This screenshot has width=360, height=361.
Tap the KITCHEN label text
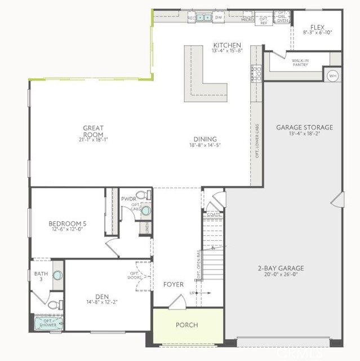[x=227, y=46]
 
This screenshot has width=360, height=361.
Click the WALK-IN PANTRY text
[x=300, y=63]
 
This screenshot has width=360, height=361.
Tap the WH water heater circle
[x=332, y=75]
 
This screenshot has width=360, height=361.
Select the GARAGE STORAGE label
[x=304, y=127]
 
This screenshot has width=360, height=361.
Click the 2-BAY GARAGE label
[x=281, y=268]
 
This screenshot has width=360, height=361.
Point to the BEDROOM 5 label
[x=67, y=223]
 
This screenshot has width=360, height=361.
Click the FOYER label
[x=174, y=284]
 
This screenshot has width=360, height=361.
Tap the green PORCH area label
[x=186, y=325]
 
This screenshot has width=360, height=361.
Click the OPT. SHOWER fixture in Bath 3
[x=50, y=324]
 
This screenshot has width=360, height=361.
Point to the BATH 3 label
[x=38, y=277]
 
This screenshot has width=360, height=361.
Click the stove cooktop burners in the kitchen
[x=256, y=74]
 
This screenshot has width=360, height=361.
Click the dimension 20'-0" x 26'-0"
[x=281, y=275]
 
